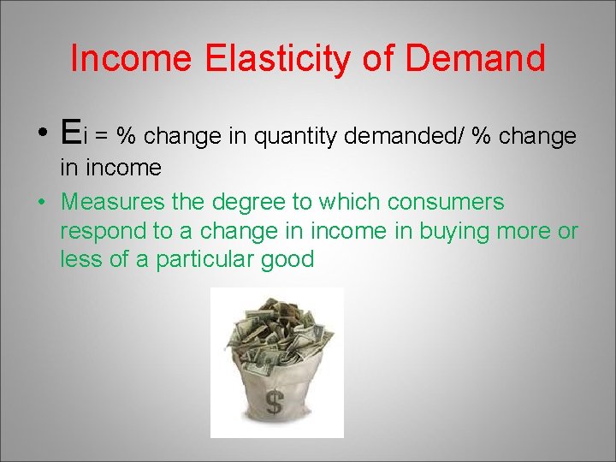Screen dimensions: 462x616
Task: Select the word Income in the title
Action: pos(132,59)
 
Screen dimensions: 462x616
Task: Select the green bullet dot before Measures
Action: pos(41,203)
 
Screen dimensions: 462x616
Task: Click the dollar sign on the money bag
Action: pos(275,400)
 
